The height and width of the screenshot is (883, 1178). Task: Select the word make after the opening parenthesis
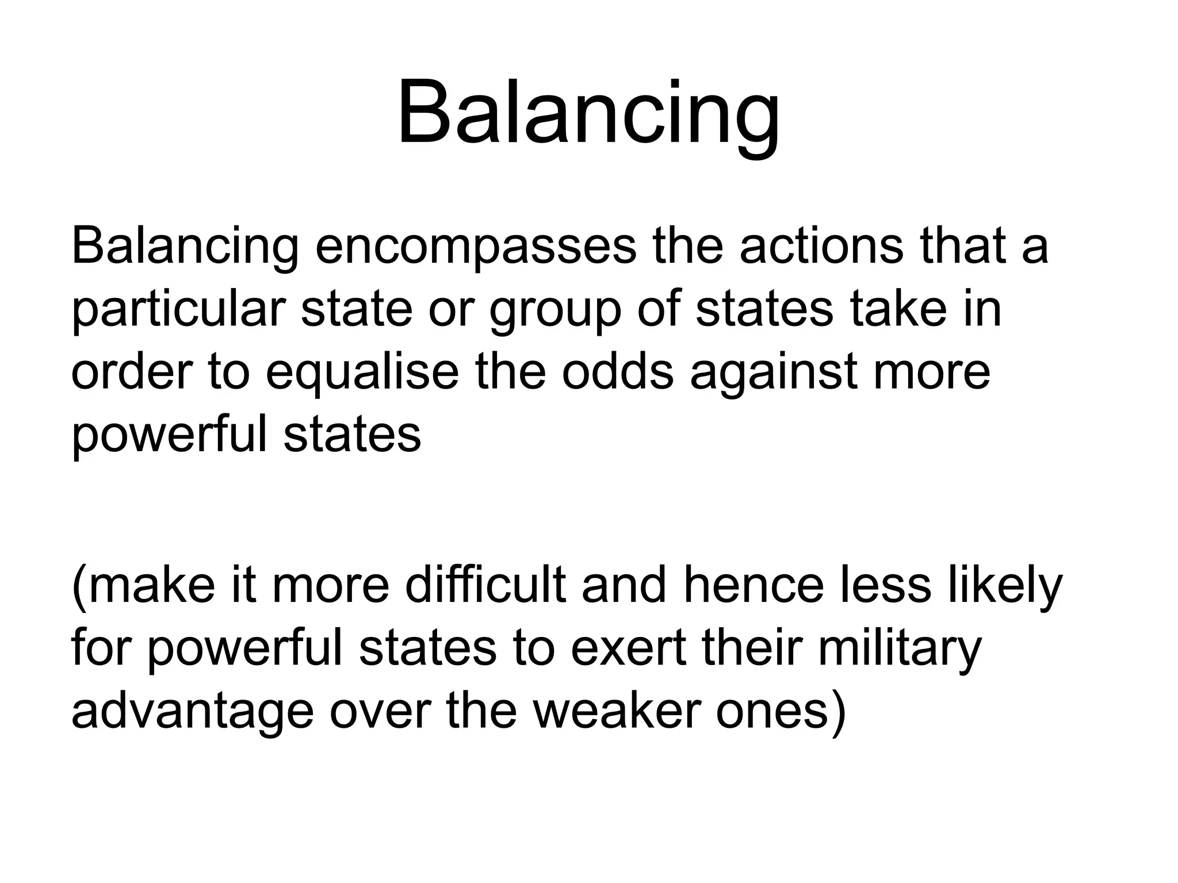pyautogui.click(x=151, y=586)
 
